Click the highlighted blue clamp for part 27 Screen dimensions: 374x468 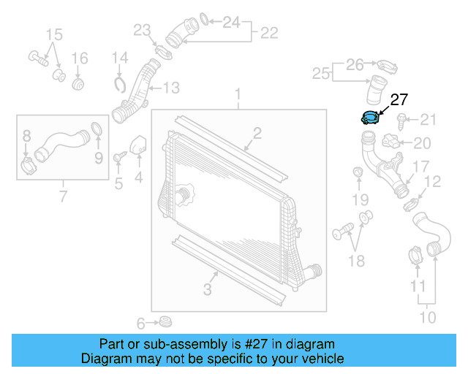(x=371, y=117)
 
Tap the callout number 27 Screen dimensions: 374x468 (x=399, y=100)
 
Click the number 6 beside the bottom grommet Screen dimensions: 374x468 (x=141, y=323)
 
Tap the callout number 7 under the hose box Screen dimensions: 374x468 (x=62, y=195)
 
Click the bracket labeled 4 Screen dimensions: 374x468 (x=137, y=145)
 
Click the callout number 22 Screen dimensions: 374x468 (x=269, y=32)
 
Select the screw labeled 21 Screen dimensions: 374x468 (x=402, y=119)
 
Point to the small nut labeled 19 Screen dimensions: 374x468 (x=358, y=172)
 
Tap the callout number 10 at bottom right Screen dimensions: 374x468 (x=427, y=317)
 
